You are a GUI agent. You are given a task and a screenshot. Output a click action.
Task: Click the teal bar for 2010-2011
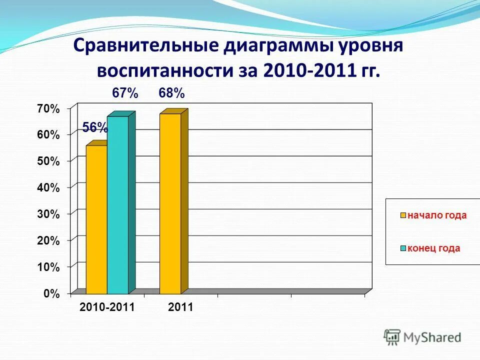[117, 205]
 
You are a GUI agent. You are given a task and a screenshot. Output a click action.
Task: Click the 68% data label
[171, 93]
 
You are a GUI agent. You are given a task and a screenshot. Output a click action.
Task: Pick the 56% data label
[95, 128]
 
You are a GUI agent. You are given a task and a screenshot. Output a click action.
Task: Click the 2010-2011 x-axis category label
[107, 307]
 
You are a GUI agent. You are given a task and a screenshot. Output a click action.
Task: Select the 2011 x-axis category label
[180, 307]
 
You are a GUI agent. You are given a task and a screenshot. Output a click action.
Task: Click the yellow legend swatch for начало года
[402, 216]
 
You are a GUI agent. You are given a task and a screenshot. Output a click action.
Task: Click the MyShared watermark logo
[422, 337]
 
